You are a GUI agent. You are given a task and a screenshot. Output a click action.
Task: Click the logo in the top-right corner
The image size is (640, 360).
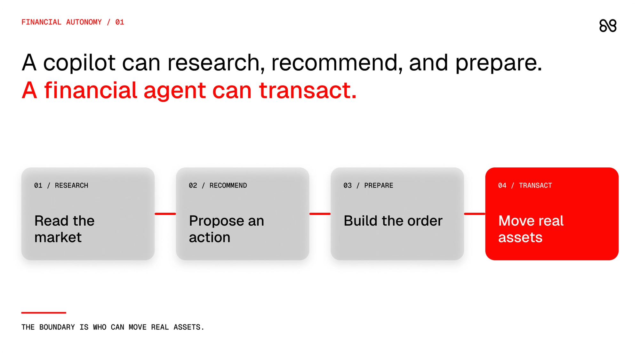(608, 26)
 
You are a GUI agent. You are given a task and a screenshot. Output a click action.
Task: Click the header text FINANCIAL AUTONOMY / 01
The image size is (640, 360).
(73, 22)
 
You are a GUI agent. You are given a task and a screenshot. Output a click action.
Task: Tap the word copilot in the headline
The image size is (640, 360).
(79, 63)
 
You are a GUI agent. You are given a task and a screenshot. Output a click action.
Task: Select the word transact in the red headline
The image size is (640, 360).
(308, 90)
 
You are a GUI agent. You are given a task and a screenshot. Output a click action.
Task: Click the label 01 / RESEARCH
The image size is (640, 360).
(61, 186)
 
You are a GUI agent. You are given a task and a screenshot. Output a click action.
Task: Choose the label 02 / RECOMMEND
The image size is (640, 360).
(218, 186)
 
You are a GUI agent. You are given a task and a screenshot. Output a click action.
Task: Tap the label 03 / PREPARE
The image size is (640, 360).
(368, 186)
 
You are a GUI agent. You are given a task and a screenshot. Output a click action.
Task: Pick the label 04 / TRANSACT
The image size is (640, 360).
(525, 186)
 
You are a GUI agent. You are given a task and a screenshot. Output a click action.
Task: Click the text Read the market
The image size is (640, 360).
(64, 229)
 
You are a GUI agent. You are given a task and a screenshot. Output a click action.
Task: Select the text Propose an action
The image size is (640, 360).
(227, 229)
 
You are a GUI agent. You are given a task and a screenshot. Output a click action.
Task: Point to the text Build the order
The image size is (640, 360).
(393, 221)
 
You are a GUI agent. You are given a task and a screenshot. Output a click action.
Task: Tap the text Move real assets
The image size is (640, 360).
(531, 229)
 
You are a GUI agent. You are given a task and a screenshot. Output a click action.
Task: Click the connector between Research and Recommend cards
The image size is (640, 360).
(165, 214)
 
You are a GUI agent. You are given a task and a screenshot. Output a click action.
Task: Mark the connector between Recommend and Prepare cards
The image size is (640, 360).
(320, 214)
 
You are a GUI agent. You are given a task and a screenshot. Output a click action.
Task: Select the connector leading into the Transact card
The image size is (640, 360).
(475, 214)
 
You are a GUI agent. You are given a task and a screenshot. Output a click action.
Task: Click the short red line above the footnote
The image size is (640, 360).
(44, 313)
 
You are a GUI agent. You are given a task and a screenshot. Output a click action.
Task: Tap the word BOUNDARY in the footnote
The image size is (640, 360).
(57, 327)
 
